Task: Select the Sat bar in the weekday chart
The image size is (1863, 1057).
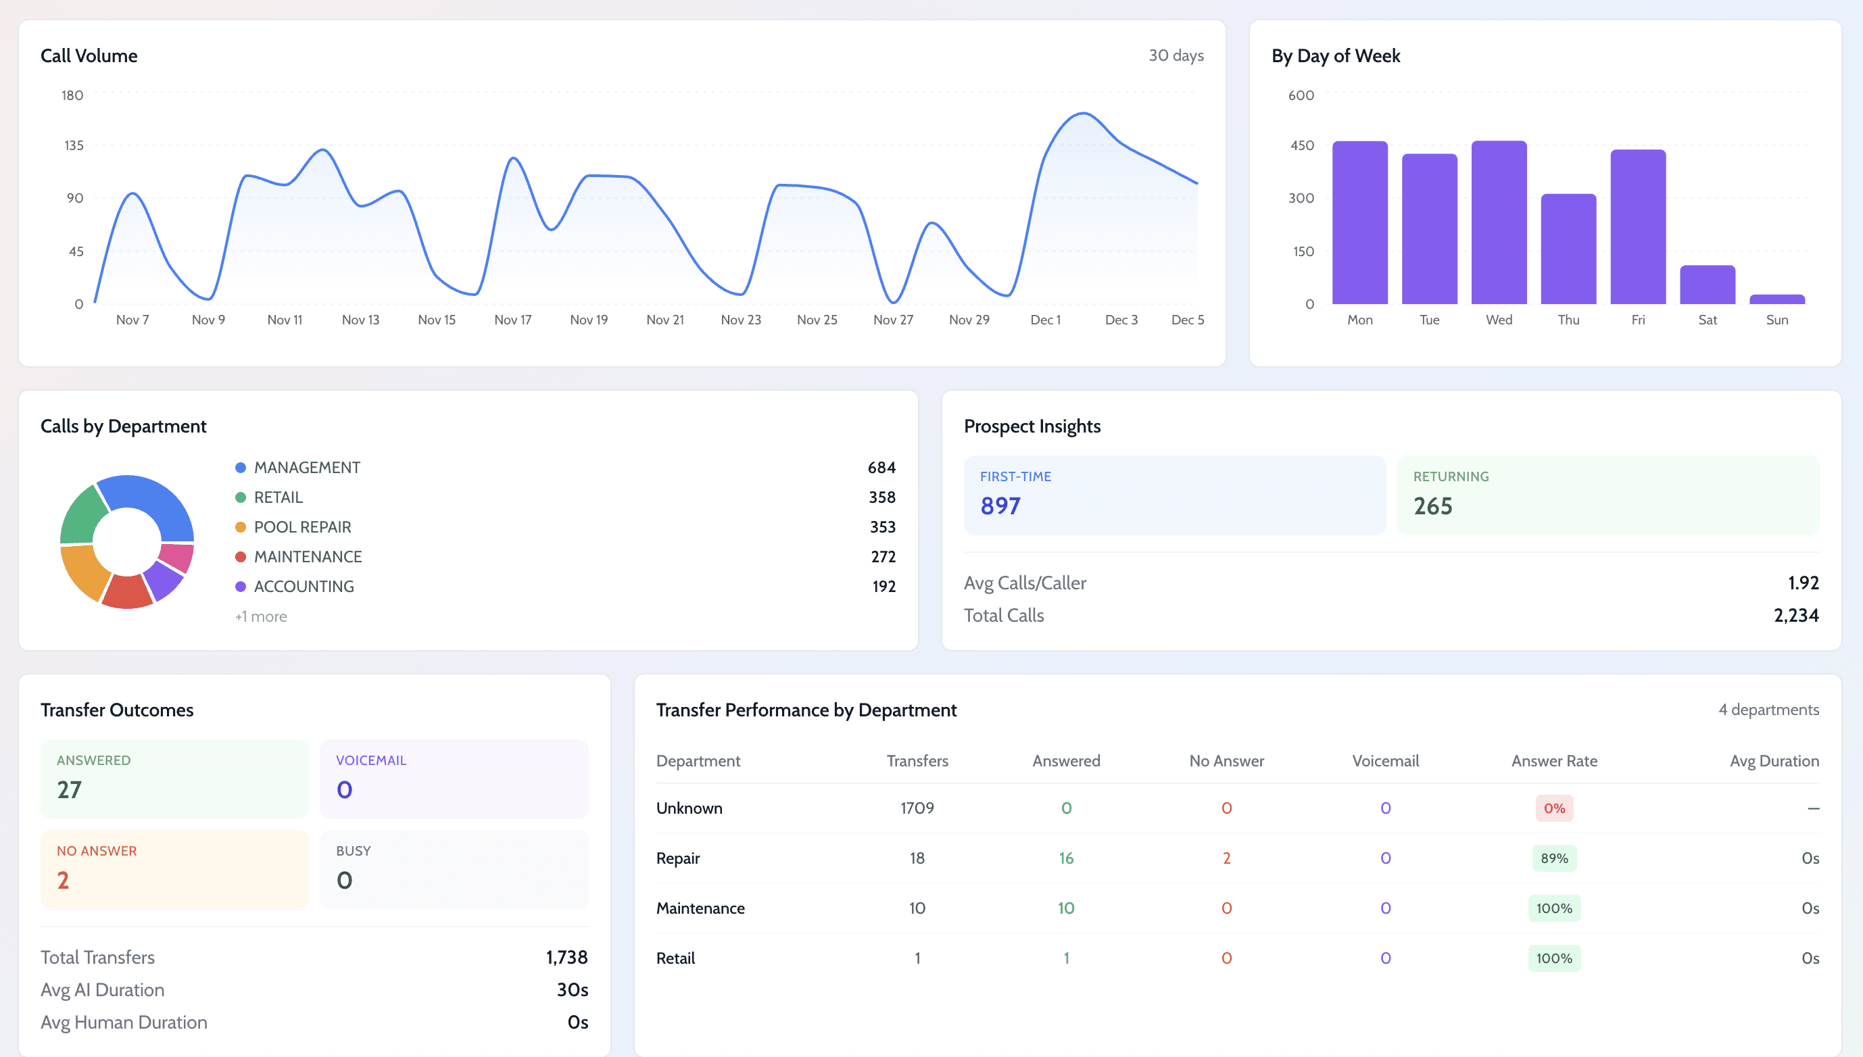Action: click(1707, 285)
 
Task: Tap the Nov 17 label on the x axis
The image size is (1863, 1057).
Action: click(512, 320)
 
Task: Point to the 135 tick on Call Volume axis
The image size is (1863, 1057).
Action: click(74, 145)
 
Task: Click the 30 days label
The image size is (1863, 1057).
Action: click(1176, 55)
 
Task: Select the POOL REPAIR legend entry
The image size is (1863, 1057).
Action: click(302, 527)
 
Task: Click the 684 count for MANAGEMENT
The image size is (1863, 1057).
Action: click(881, 468)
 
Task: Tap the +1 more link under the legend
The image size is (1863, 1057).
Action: click(261, 616)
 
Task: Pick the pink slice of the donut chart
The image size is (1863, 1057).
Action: click(177, 557)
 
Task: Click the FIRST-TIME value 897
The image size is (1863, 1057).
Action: click(1000, 506)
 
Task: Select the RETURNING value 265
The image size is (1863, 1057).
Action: click(1432, 506)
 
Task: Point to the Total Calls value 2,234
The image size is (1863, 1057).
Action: click(1795, 616)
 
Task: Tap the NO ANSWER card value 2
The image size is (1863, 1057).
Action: click(63, 881)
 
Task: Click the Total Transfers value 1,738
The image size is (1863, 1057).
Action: click(566, 958)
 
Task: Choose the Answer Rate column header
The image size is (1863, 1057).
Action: click(1553, 761)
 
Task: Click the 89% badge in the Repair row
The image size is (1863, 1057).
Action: click(1553, 858)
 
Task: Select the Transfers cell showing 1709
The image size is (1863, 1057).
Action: click(917, 808)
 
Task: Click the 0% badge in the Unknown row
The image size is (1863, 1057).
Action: click(1553, 808)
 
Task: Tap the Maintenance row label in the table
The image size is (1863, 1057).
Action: click(700, 908)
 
